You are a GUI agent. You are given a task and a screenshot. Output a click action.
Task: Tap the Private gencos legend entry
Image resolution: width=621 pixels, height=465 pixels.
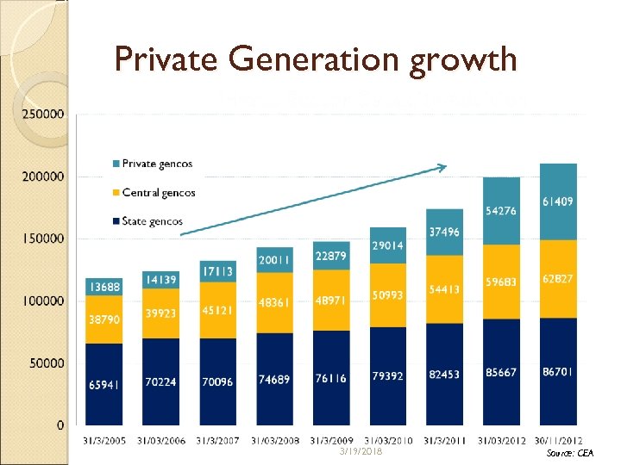pyautogui.click(x=157, y=164)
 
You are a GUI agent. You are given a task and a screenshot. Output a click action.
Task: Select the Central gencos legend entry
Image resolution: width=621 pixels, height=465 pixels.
pyautogui.click(x=159, y=192)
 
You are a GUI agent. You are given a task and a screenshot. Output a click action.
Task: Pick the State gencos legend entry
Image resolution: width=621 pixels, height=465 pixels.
pyautogui.click(x=154, y=221)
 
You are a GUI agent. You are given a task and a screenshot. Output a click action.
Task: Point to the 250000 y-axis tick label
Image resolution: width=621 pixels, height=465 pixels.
pyautogui.click(x=43, y=114)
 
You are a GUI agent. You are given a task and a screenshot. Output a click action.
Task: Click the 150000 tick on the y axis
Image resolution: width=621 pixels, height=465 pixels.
pyautogui.click(x=43, y=239)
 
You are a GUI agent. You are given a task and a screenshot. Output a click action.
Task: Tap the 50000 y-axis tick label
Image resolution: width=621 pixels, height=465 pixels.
pyautogui.click(x=47, y=363)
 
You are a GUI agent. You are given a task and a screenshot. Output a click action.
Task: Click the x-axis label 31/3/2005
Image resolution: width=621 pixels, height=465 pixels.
pyautogui.click(x=104, y=441)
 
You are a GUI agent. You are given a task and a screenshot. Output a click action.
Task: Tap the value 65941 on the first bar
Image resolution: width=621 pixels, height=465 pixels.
pyautogui.click(x=104, y=385)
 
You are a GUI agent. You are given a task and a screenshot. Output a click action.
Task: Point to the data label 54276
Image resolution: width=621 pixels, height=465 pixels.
pyautogui.click(x=501, y=211)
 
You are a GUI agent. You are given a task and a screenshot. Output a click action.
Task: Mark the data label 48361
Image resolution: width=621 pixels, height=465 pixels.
pyautogui.click(x=274, y=303)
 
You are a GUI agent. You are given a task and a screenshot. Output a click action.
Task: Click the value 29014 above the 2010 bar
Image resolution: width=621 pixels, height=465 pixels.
pyautogui.click(x=388, y=245)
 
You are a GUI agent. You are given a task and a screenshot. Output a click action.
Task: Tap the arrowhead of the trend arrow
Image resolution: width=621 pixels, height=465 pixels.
pyautogui.click(x=444, y=166)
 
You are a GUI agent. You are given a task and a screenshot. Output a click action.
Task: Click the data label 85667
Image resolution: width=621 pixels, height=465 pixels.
pyautogui.click(x=501, y=373)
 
